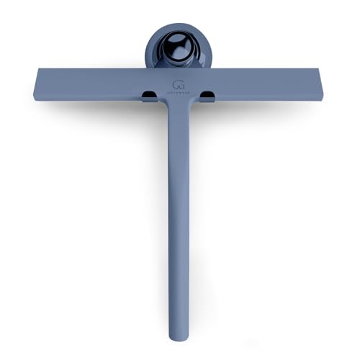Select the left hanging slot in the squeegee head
point(150,94)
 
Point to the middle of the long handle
point(177,216)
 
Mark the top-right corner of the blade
point(319,69)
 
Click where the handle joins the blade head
point(177,104)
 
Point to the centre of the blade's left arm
point(94,84)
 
